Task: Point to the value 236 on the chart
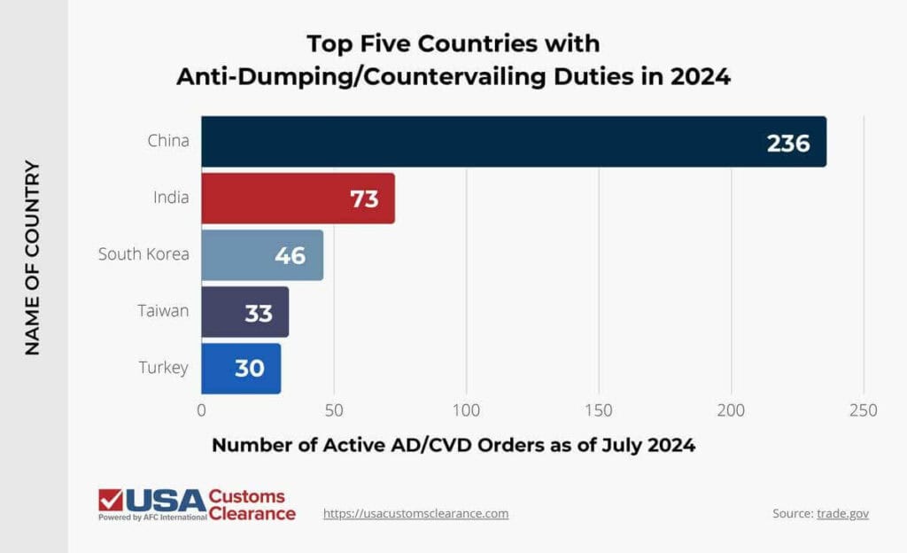pyautogui.click(x=788, y=143)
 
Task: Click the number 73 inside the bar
pyautogui.click(x=363, y=199)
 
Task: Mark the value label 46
pyautogui.click(x=290, y=256)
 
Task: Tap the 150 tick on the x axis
pyautogui.click(x=599, y=411)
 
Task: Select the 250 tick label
pyautogui.click(x=863, y=411)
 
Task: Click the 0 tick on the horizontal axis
pyautogui.click(x=201, y=411)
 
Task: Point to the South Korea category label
pyautogui.click(x=143, y=254)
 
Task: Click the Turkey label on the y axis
pyautogui.click(x=164, y=368)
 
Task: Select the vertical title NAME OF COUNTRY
pyautogui.click(x=33, y=257)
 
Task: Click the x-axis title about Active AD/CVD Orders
pyautogui.click(x=453, y=445)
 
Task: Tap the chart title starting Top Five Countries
pyautogui.click(x=453, y=59)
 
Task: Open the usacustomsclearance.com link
pyautogui.click(x=415, y=513)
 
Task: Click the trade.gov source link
pyautogui.click(x=842, y=514)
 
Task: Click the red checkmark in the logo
pyautogui.click(x=111, y=500)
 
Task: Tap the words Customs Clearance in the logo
pyautogui.click(x=251, y=504)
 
